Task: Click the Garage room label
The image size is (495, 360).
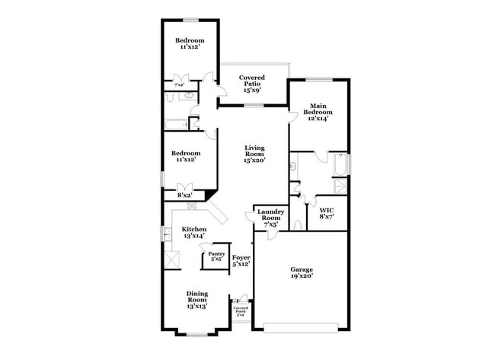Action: (302, 269)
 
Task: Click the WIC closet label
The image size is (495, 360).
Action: (326, 210)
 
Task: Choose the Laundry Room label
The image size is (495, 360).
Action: (270, 215)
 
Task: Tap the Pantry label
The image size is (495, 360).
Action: (216, 254)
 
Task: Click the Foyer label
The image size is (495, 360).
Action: (241, 258)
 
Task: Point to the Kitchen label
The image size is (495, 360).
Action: (193, 229)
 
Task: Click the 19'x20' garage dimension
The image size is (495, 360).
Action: (302, 276)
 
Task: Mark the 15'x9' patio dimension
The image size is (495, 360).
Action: (251, 90)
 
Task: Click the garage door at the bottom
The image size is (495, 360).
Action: (302, 328)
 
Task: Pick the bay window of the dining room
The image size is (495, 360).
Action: (197, 333)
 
